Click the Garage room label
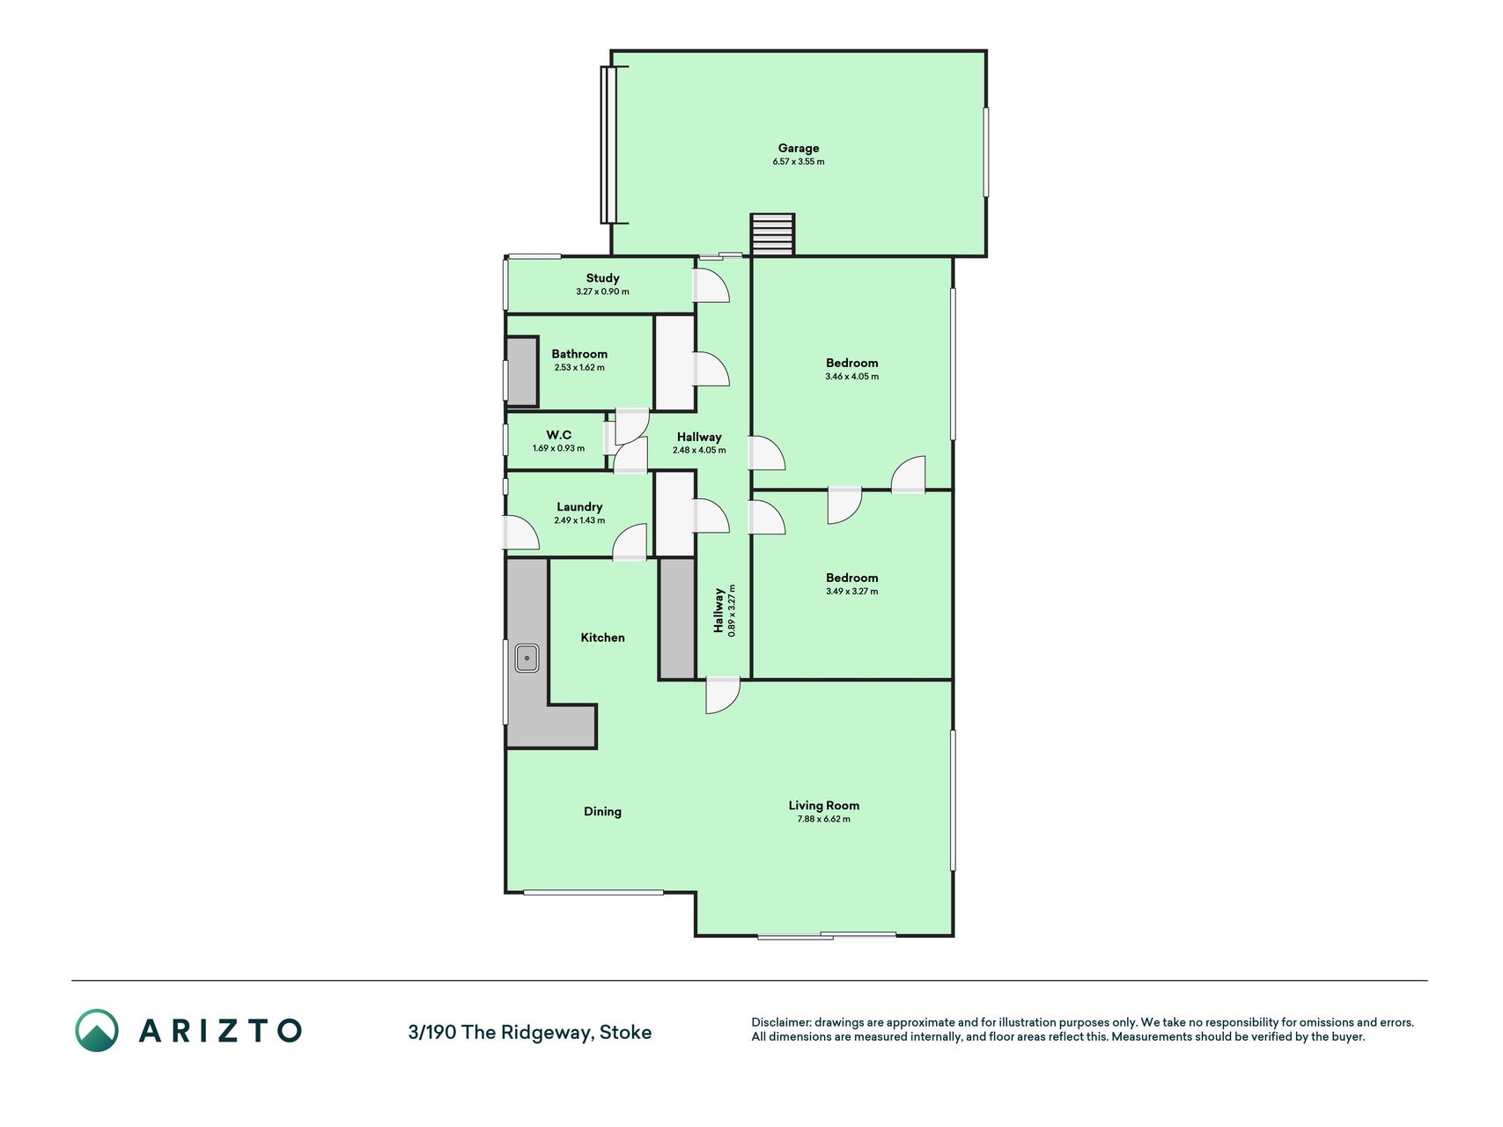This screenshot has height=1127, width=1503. pos(798,148)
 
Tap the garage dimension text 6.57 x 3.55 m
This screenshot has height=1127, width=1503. pos(799,162)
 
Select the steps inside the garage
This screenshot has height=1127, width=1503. pos(772,234)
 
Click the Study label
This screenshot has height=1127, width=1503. pos(602,278)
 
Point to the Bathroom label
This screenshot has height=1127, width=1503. pos(579,354)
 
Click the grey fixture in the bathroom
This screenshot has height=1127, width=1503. pos(521,372)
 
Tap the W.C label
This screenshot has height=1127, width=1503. pos(558,435)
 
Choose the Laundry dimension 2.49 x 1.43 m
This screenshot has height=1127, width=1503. pos(579,520)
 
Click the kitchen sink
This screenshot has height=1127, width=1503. pos(527,658)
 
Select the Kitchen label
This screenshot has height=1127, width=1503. pos(602,637)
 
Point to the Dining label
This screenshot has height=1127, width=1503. pos(602,812)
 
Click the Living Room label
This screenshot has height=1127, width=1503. pos(823,806)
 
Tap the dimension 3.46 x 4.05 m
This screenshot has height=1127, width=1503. pos(851,377)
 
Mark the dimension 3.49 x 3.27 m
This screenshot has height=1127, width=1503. pos(851,592)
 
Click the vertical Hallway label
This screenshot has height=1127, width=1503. pos(718,610)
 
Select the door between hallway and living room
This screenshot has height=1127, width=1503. pos(723,695)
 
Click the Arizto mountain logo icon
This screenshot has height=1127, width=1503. pos(96,1030)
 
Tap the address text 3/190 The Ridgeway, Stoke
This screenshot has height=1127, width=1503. pos(530,1032)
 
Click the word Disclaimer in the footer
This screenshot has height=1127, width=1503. pos(780,1022)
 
